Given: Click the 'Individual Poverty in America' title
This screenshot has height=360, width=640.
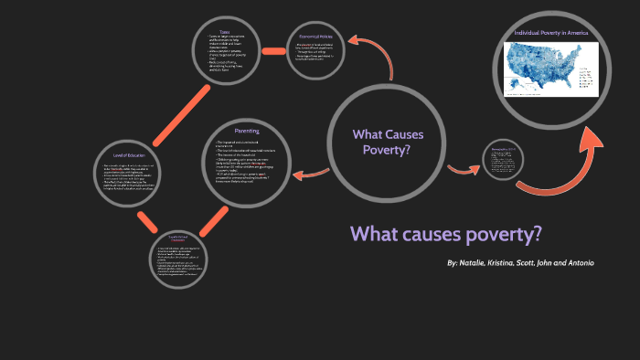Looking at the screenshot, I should click(x=551, y=32).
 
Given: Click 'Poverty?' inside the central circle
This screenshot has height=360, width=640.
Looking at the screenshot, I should click(x=388, y=150).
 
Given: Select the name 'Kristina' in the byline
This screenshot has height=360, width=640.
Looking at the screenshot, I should click(x=514, y=263).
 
